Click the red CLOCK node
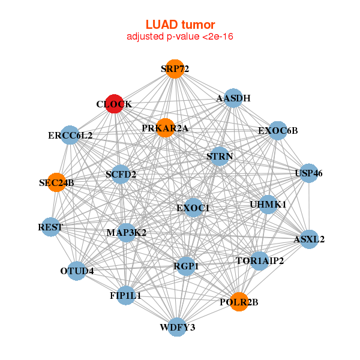coord(114,104)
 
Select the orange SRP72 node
coord(175,69)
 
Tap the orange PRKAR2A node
coord(165,128)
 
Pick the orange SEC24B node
coord(56,182)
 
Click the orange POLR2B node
coord(239,302)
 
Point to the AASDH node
coord(233,98)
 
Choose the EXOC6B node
coord(277,130)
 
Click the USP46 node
coord(308,173)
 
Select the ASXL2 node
coord(309,239)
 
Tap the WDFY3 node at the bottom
coord(177,327)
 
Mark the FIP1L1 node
coord(126,295)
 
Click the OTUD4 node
coord(77,271)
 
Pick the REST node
coord(50,227)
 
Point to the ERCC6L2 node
coord(70,135)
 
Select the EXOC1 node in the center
coord(193,208)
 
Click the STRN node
coord(220,156)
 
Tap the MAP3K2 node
coord(127,232)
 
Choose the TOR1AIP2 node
coord(260,260)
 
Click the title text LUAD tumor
coord(180,25)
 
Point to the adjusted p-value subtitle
coord(180,37)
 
